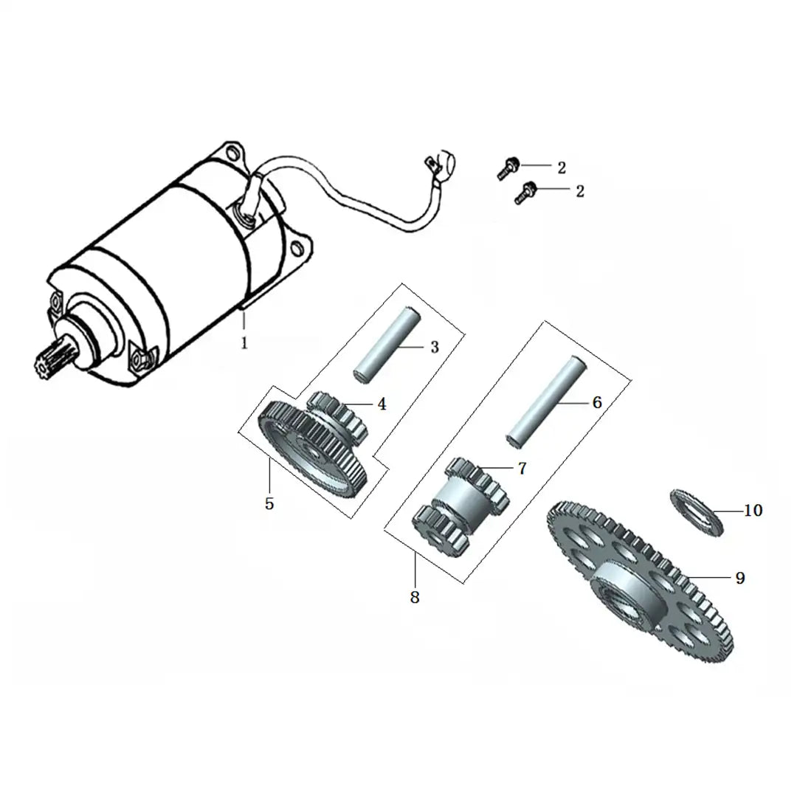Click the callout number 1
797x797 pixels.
click(244, 343)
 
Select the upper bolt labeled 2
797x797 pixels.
click(508, 168)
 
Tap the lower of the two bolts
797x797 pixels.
click(525, 192)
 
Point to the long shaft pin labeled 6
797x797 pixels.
click(547, 401)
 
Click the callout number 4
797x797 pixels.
click(382, 404)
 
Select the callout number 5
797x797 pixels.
click(269, 504)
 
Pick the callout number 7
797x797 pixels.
click(522, 468)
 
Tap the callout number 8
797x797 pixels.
click(415, 597)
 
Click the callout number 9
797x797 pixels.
click(740, 578)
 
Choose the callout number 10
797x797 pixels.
click(753, 510)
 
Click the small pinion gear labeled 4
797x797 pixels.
click(338, 414)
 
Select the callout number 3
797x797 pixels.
click(435, 347)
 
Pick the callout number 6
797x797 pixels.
click(597, 403)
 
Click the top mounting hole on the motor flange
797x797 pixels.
click(232, 153)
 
